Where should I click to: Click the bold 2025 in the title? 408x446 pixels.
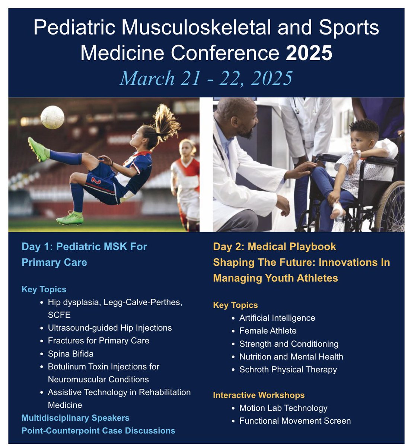click(x=309, y=53)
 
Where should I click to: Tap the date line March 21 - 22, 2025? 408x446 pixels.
click(x=206, y=78)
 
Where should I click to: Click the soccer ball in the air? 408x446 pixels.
click(x=52, y=117)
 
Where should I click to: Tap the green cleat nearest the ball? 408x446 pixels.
click(x=38, y=149)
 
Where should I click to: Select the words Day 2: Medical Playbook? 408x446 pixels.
click(x=274, y=246)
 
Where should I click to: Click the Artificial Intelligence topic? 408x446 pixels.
click(x=277, y=318)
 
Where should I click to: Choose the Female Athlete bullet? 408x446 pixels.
click(x=268, y=331)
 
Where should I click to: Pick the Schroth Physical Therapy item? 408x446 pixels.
click(x=288, y=369)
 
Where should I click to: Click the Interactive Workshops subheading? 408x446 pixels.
click(x=259, y=395)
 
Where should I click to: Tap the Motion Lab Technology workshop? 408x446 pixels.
click(x=283, y=408)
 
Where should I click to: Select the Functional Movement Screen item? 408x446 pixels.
click(x=295, y=421)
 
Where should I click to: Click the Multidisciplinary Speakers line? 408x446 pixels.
click(x=76, y=418)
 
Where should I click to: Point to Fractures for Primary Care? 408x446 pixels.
click(x=98, y=340)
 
